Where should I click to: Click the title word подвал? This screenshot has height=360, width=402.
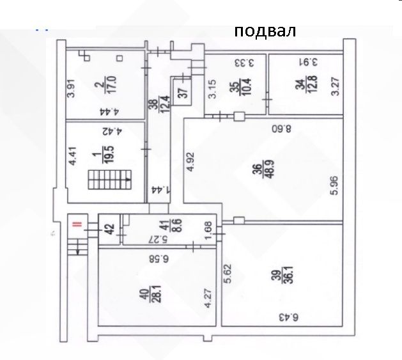[x=265, y=31]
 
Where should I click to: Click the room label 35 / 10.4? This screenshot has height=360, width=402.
[x=241, y=87]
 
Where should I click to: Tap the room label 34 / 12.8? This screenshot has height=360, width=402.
[x=306, y=84]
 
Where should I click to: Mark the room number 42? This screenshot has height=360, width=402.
[x=110, y=229]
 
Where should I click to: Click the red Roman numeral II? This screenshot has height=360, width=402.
[x=77, y=224]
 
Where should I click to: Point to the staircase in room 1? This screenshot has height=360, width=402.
[x=110, y=180]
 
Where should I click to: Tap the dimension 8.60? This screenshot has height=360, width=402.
[x=281, y=128]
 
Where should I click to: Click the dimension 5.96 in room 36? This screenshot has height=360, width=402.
[x=334, y=186]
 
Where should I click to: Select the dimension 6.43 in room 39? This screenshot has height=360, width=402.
[x=288, y=317]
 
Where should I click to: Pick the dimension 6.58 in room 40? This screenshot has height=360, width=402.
[x=159, y=259]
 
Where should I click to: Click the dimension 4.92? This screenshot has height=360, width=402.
[x=190, y=162]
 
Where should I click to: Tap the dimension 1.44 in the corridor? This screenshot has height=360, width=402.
[x=160, y=190]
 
